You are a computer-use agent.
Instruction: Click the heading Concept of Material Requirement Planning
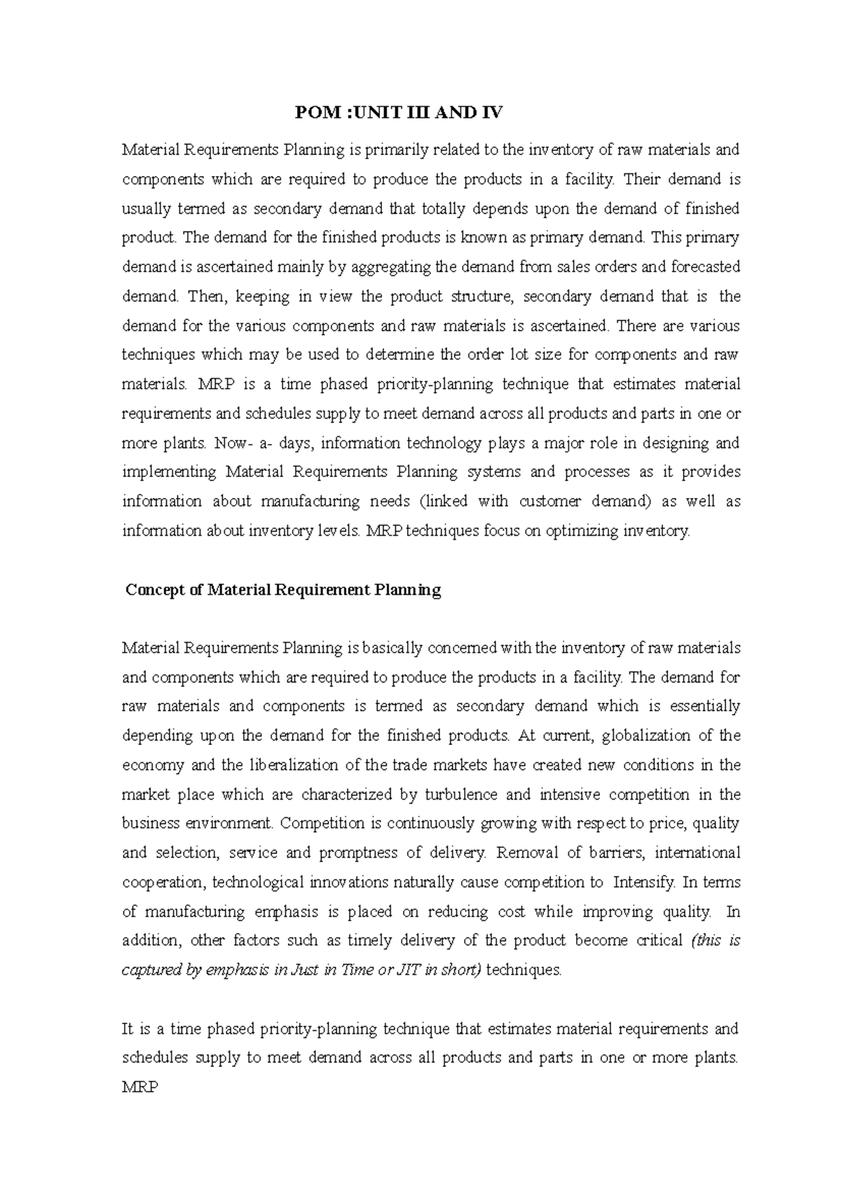(x=283, y=590)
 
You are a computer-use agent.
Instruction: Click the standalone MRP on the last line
(x=140, y=1087)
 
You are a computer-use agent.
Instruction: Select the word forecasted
(x=706, y=267)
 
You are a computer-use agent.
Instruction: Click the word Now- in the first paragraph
(x=235, y=443)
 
